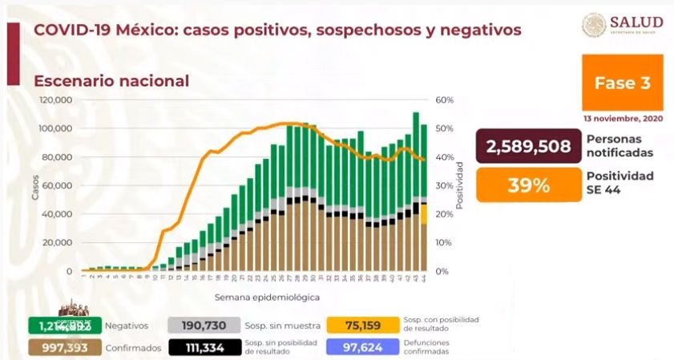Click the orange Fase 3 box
623,83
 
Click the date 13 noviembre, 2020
623,119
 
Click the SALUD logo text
636,22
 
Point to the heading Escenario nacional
111,81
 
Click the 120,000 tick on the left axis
57,100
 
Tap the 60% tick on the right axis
445,100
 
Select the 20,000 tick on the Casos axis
59,243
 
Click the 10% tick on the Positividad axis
444,243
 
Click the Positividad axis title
461,185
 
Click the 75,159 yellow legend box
362,325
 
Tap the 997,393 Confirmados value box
63,347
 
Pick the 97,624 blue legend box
362,347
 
